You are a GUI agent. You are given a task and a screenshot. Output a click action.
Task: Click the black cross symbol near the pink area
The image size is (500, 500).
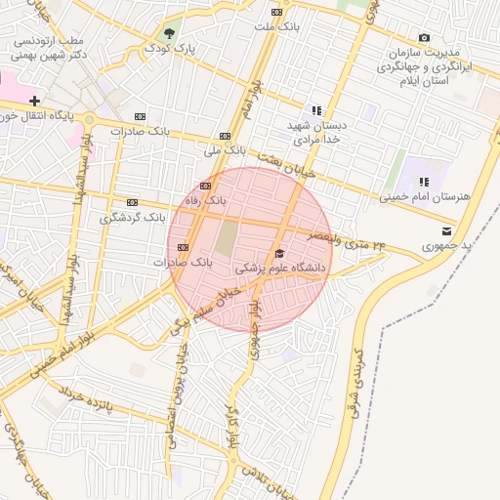(35, 100)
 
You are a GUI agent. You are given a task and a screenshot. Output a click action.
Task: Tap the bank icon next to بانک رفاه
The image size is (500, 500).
(205, 186)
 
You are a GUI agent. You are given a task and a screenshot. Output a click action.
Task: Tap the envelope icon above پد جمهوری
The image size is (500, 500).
(446, 231)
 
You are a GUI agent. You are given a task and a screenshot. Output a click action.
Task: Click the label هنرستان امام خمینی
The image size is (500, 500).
(425, 196)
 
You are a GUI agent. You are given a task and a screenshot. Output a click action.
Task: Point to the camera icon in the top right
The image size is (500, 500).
(424, 37)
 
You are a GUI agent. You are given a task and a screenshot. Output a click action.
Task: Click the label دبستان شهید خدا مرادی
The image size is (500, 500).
(316, 133)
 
